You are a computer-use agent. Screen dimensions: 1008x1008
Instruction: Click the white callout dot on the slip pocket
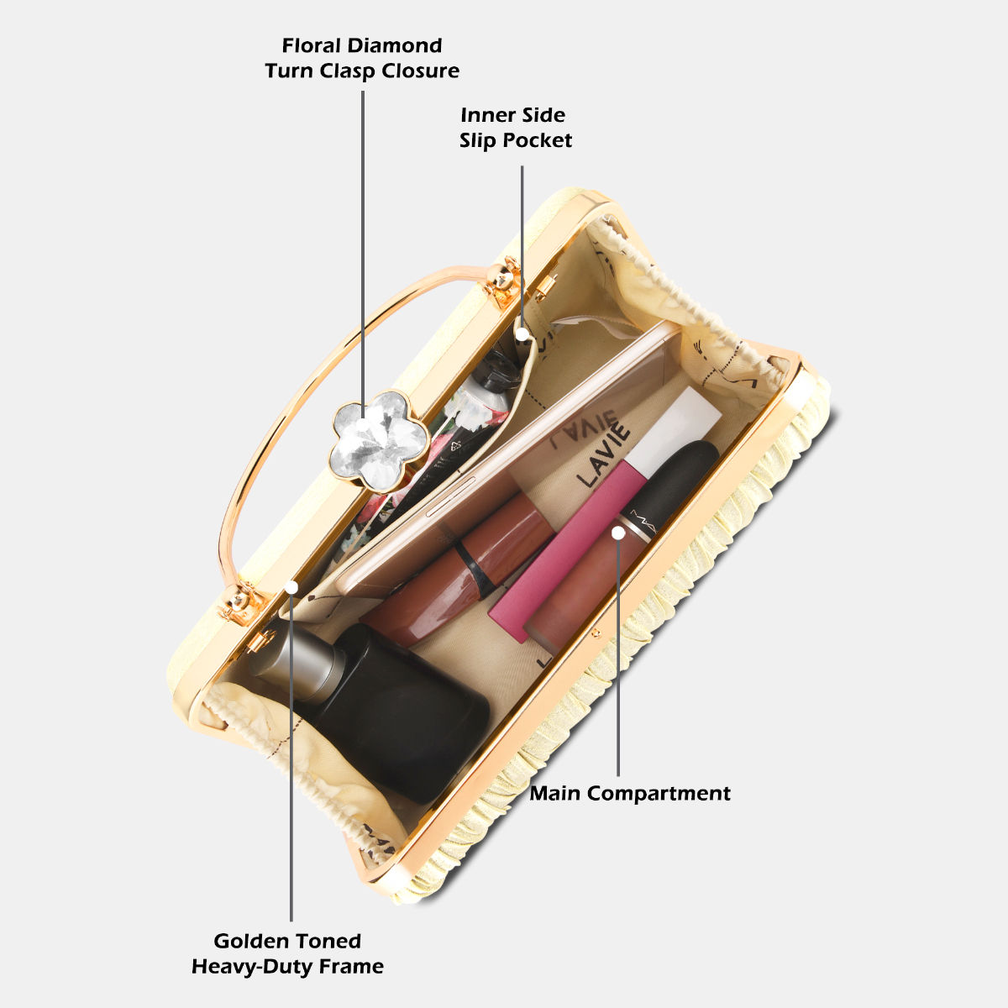coord(522,333)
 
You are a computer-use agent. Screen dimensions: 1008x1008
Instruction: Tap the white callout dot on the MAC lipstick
coord(618,532)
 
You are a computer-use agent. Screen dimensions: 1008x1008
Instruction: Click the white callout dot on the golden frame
coord(291,585)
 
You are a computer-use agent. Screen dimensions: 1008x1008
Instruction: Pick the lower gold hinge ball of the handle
coord(240,597)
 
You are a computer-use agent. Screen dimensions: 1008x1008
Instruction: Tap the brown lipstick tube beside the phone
coord(462,571)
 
